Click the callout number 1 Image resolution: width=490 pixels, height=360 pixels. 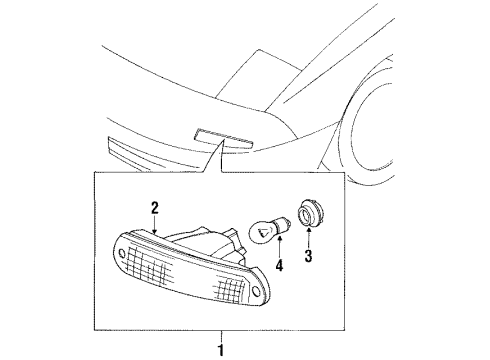tap(220, 350)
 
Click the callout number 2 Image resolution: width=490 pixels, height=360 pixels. tap(154, 208)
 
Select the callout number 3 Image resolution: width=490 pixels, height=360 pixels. tap(308, 256)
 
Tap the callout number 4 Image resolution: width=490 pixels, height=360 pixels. tap(279, 265)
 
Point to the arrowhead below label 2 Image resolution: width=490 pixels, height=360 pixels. tap(154, 230)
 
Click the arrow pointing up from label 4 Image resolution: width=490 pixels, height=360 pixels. tap(279, 246)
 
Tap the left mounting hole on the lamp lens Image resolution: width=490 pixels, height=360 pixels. tap(122, 254)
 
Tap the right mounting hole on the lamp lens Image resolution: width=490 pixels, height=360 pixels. tap(256, 290)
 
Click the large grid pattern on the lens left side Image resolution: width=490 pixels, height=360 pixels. tap(149, 266)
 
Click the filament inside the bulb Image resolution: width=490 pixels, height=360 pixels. tap(263, 232)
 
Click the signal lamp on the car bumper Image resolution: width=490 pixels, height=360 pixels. tap(223, 139)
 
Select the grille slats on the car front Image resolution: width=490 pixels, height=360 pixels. tap(153, 154)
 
